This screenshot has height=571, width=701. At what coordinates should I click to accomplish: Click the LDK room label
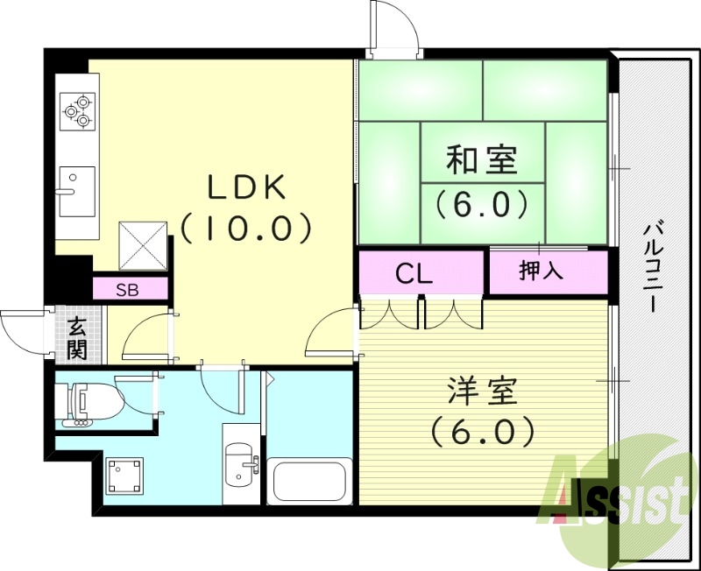(x=246, y=187)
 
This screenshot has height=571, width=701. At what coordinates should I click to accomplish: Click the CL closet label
(x=414, y=274)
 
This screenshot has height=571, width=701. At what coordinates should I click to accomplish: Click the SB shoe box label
(x=128, y=290)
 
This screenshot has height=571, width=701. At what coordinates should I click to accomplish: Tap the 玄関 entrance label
(x=76, y=339)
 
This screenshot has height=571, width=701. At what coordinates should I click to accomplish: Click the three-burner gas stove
(x=77, y=109)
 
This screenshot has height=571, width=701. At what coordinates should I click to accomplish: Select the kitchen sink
(x=77, y=190)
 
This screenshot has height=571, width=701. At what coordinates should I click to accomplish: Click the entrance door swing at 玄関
(x=21, y=329)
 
